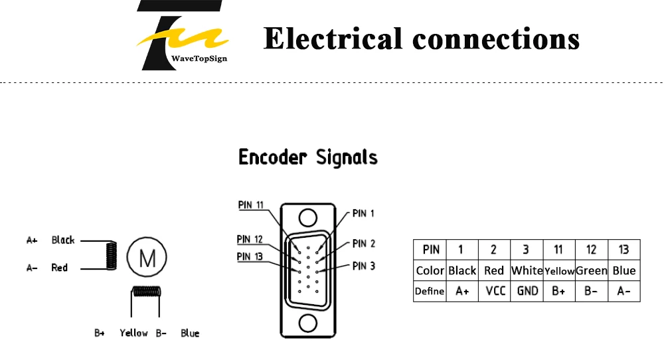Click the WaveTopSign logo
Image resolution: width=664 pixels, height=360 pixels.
coord(182,35)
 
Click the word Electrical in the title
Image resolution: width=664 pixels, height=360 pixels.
coord(333,39)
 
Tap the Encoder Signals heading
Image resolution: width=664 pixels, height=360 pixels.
coord(308,157)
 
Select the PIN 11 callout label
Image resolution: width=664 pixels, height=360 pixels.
coord(251,205)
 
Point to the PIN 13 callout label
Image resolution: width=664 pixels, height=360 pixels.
coord(250,256)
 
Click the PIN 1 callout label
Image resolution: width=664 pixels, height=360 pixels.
coord(363,213)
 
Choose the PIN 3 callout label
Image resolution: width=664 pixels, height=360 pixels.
coord(364,266)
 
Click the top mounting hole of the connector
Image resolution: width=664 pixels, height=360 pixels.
coord(308,218)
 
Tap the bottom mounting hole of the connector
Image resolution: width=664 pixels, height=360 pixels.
coord(308,323)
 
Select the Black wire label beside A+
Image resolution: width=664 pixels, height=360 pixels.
coord(63,240)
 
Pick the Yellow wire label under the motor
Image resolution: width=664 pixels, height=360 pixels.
coord(134,333)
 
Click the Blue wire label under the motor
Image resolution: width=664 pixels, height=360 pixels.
coord(190,333)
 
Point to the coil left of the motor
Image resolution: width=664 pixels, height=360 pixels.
coord(112,256)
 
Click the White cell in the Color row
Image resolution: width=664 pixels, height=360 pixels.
coord(527,270)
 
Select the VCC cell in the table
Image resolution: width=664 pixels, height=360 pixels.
coord(495,292)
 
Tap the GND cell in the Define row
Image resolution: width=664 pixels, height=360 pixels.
coord(527,292)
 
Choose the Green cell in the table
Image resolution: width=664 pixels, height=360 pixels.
coord(592,270)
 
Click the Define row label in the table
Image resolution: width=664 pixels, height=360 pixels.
coord(430,292)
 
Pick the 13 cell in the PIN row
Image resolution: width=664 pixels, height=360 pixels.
coord(624,250)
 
